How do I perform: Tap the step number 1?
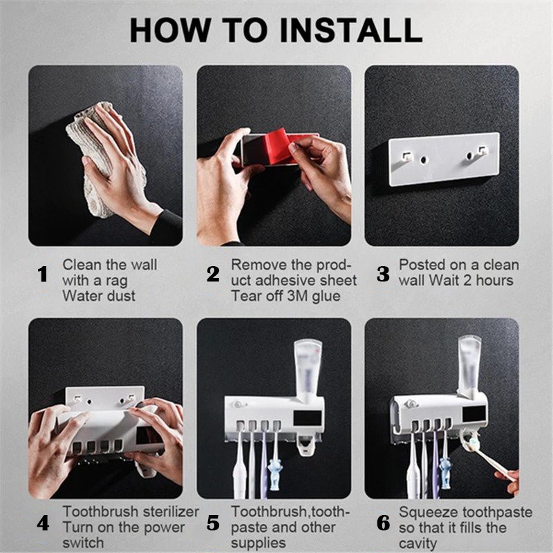point(43,274)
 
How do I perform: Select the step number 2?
point(213,274)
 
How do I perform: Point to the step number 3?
point(383,274)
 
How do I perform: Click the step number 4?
point(43,523)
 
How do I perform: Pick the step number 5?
point(213,523)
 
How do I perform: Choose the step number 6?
point(384,523)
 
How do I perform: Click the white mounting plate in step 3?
point(444,159)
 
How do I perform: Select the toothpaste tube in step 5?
point(308,371)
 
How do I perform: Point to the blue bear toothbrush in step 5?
point(275,474)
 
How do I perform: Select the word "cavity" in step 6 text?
point(418,544)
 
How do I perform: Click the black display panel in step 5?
point(308,418)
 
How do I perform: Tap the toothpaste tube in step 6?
point(469,367)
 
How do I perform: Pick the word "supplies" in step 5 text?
point(259,544)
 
